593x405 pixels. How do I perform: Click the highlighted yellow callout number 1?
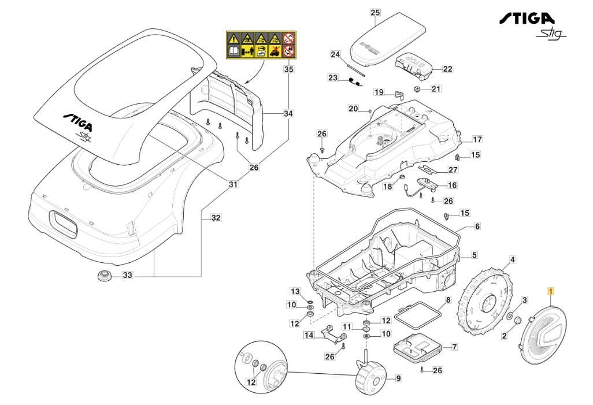(551, 292)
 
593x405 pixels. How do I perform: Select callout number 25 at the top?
(375, 12)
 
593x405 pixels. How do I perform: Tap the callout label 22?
(447, 69)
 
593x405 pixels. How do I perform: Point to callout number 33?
(128, 276)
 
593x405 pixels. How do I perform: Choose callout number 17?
(477, 139)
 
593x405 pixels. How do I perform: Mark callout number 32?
(216, 218)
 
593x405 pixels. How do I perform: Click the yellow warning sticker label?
(260, 45)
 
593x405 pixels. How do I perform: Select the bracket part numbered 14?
(325, 333)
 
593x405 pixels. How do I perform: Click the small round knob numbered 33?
(104, 276)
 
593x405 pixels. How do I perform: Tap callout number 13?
(295, 291)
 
